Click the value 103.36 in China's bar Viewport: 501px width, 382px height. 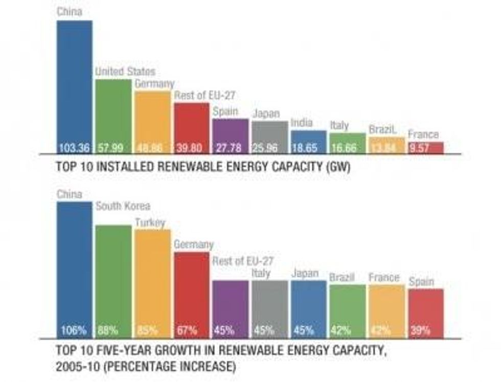tap(74, 148)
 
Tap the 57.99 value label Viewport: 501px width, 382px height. tap(113, 148)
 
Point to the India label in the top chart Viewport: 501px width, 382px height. tap(302, 123)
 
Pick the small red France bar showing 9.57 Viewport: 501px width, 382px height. tap(426, 146)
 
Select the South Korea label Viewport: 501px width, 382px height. tap(123, 206)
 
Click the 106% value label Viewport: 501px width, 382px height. tap(74, 330)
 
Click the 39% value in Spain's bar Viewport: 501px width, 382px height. tap(420, 330)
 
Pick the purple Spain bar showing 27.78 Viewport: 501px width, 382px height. tap(231, 133)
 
